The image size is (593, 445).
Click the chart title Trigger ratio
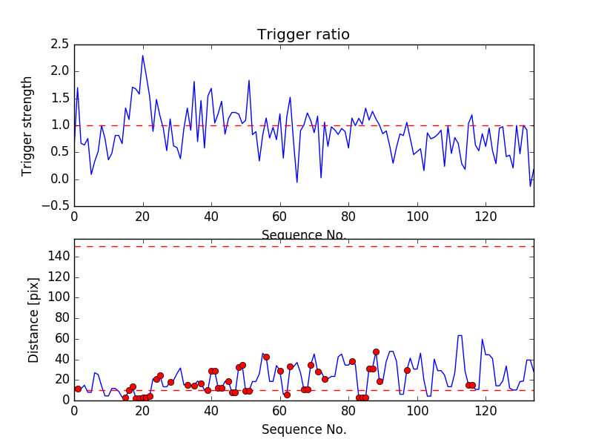(x=303, y=35)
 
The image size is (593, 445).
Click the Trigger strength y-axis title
(x=27, y=125)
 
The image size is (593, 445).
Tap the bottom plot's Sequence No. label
(x=304, y=429)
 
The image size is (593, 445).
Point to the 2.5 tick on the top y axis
(x=60, y=44)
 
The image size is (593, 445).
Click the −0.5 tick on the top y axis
(x=56, y=206)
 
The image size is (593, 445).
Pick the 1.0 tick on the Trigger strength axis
(x=60, y=125)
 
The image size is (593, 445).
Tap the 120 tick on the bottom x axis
(x=486, y=409)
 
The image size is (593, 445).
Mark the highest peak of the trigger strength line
(x=142, y=56)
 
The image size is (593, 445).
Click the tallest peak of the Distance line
(x=460, y=335)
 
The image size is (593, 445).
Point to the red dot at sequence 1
(x=78, y=389)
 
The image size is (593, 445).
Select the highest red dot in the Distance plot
(x=376, y=352)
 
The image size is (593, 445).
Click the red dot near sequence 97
(x=407, y=370)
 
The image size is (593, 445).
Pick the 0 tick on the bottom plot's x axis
(x=74, y=409)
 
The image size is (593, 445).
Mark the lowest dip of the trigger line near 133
(x=530, y=185)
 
